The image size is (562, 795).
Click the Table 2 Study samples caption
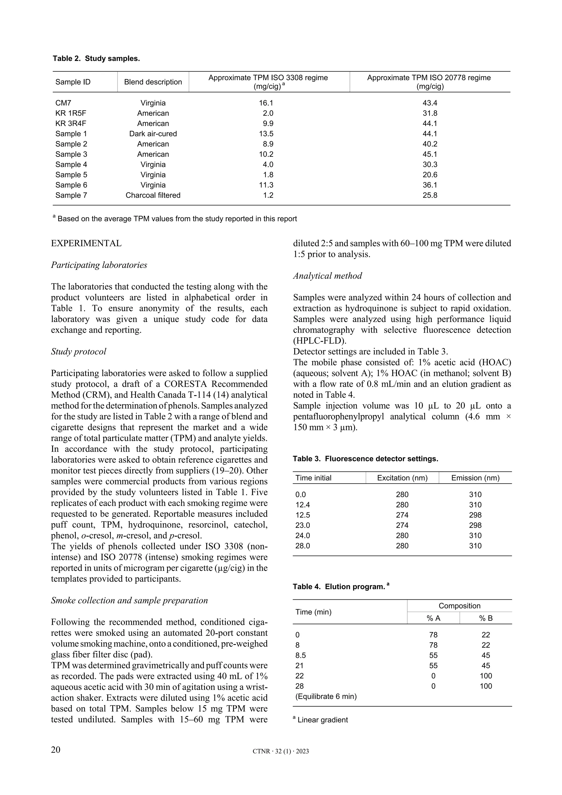click(96, 58)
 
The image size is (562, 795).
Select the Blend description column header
click(153, 82)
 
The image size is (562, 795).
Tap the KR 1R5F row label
click(71, 113)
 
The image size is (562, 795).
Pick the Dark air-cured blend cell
click(153, 134)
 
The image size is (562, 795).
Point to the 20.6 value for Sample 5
click(430, 175)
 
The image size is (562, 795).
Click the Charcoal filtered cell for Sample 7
click(153, 195)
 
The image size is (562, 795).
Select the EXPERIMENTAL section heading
click(86, 243)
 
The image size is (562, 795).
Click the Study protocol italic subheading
click(78, 352)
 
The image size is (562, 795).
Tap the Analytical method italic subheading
click(327, 276)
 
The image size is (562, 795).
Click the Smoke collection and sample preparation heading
click(129, 600)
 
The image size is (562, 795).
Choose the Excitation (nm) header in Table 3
click(402, 478)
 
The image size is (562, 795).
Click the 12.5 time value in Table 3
click(303, 515)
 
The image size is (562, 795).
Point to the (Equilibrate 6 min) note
click(326, 696)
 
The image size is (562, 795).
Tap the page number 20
click(56, 750)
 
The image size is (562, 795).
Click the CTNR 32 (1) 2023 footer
click(281, 751)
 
